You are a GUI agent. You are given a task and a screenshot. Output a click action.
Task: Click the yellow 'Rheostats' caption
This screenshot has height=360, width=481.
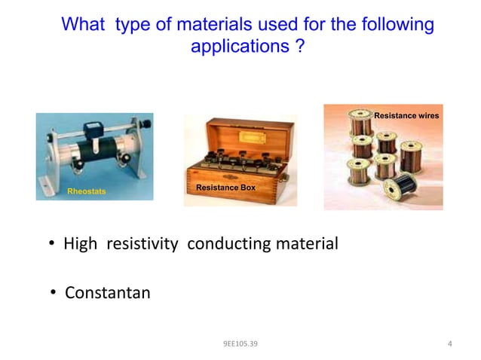[x=87, y=192]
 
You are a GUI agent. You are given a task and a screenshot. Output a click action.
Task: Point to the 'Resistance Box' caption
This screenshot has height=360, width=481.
[x=225, y=185]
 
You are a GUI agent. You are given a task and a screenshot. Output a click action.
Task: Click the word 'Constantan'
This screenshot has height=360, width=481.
[x=108, y=292]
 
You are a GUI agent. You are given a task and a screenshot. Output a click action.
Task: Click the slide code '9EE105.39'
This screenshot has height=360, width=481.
[x=240, y=345]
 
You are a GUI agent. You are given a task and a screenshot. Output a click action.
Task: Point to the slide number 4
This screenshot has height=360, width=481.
[x=449, y=345]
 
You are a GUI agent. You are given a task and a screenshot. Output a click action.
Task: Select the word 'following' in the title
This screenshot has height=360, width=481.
[x=397, y=26]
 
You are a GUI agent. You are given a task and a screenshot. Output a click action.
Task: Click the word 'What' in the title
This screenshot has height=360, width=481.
[x=84, y=26]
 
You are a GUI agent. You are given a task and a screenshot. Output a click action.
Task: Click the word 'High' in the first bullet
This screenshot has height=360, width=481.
[x=81, y=245]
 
